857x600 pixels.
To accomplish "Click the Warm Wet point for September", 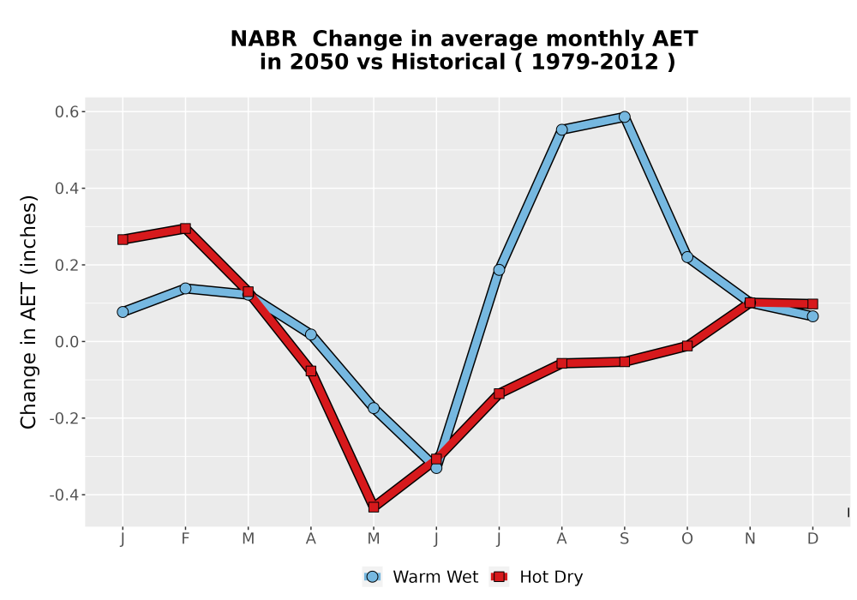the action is tap(624, 117).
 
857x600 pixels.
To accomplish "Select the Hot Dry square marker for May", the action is tap(374, 507).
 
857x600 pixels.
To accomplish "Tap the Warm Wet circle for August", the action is tap(562, 129).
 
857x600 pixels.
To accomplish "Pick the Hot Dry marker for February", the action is tap(185, 228).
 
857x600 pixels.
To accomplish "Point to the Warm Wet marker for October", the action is tap(687, 257).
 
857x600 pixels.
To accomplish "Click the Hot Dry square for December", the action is tap(812, 303).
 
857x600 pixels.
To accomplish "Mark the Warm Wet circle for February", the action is tap(185, 288).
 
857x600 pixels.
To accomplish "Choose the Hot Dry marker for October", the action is tap(687, 346).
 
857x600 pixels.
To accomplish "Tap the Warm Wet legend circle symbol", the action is tap(372, 577).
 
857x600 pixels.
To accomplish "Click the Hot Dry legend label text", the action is tap(551, 577).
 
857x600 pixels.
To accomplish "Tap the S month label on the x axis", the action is tap(624, 539).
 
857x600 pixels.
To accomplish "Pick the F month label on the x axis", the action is tap(185, 539).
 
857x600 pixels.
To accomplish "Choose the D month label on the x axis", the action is tap(812, 539).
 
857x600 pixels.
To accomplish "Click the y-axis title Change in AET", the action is tap(28, 312).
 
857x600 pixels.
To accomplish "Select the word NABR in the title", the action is tap(263, 39).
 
